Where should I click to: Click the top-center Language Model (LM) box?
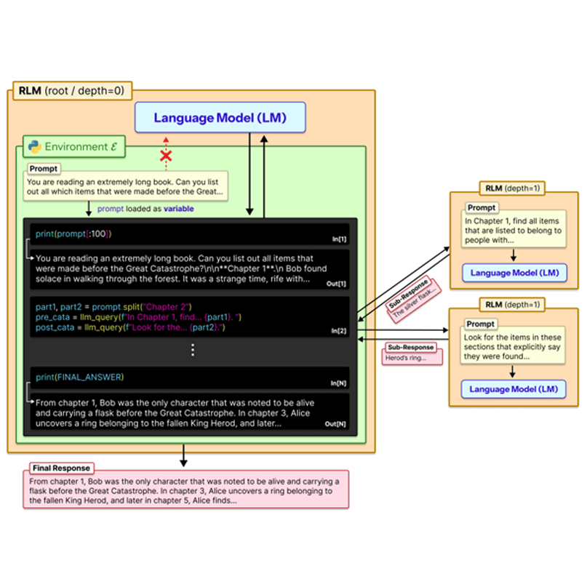coord(220,118)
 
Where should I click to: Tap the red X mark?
coord(166,156)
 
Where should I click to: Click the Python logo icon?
coord(34,147)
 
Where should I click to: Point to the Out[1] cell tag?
coord(338,284)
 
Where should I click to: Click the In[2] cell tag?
coord(340,331)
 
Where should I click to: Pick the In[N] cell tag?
coord(339,383)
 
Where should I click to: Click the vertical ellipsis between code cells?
coord(192,350)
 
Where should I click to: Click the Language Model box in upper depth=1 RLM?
coord(514,273)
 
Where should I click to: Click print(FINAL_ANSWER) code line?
coord(79,377)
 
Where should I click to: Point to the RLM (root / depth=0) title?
coord(70,92)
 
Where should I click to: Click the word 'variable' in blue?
coord(178,209)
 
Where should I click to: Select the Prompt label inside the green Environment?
coord(44,169)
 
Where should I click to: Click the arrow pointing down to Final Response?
coord(183,457)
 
